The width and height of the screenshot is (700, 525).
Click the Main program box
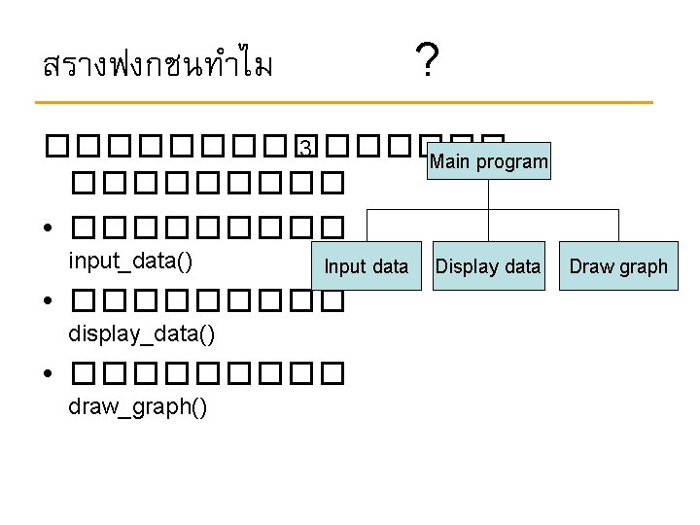pos(488,161)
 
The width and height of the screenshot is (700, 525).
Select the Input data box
pos(366,266)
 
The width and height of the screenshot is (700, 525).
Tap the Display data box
pos(488,266)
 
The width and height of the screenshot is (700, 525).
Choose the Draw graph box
pos(618,266)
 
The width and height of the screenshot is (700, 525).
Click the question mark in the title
pos(425,63)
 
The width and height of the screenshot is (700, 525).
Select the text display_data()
pos(141,334)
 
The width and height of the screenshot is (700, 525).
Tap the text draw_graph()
pos(137,406)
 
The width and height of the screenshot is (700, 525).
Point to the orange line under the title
pos(343,102)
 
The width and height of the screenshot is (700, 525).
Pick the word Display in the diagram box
pos(465,266)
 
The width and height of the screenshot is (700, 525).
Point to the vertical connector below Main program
pos(488,194)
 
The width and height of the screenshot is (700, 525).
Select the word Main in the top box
pos(448,161)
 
